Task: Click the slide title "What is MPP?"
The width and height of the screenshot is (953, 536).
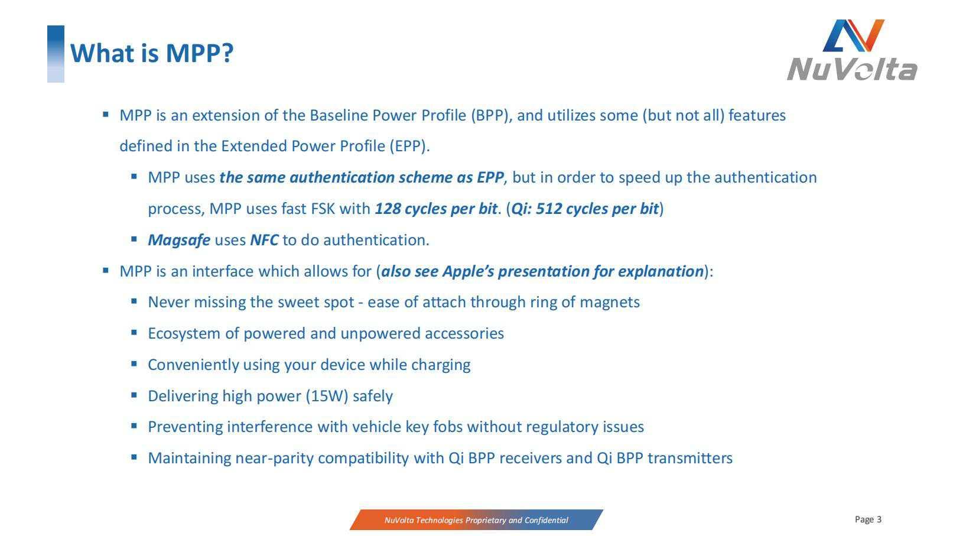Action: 152,53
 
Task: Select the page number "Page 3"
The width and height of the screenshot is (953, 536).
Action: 868,519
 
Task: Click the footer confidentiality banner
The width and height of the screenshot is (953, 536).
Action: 476,520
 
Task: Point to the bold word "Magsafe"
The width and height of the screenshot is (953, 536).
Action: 179,240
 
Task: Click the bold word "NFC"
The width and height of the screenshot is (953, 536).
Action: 264,240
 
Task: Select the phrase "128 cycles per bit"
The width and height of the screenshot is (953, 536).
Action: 435,209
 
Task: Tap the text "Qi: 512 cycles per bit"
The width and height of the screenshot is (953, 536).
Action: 585,209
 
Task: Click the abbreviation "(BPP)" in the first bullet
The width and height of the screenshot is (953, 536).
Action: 490,115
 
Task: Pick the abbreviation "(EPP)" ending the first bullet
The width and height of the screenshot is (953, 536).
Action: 408,147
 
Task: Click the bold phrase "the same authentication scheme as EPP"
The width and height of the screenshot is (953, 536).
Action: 362,178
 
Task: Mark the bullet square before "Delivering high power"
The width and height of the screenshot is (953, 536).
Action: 135,395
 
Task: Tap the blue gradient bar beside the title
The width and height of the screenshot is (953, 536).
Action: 56,54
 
